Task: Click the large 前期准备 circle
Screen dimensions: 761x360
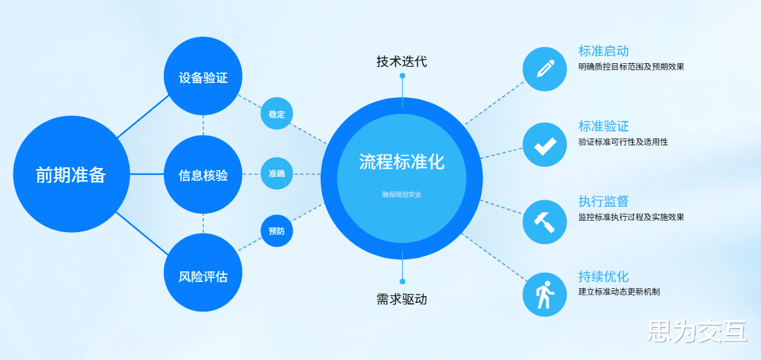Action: click(x=71, y=174)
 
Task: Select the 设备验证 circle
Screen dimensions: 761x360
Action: click(x=203, y=77)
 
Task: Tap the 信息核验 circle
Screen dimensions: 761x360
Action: click(x=203, y=175)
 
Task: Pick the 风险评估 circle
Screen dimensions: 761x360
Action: click(x=203, y=275)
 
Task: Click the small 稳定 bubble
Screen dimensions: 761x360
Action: click(x=276, y=114)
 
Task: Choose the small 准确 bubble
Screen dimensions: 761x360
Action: click(x=276, y=174)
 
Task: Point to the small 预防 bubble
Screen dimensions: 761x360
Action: click(x=276, y=231)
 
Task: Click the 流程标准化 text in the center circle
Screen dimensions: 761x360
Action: click(x=402, y=162)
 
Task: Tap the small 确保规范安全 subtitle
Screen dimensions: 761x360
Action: click(x=402, y=194)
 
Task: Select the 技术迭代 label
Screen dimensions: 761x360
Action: click(x=402, y=61)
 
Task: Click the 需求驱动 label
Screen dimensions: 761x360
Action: click(x=402, y=299)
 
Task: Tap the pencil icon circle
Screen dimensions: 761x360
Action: click(x=544, y=69)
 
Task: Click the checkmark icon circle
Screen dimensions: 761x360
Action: click(x=544, y=145)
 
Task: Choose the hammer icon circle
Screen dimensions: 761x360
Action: click(x=544, y=221)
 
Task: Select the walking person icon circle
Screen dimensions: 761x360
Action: click(x=544, y=295)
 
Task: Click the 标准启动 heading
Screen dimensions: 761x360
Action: click(x=603, y=51)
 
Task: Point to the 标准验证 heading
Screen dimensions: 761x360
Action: click(x=603, y=127)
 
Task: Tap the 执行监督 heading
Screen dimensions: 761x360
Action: click(x=603, y=202)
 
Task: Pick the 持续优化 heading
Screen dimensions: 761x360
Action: click(x=603, y=276)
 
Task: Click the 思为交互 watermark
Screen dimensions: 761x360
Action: click(x=697, y=330)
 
